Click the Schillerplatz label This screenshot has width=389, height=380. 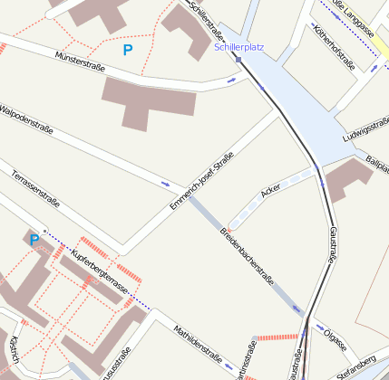coord(239,46)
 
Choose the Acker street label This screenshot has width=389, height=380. coord(269,193)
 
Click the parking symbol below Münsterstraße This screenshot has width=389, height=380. coord(127,52)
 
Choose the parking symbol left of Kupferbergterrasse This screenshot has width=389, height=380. coord(34,240)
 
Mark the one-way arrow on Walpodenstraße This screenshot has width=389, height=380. coord(165,184)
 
